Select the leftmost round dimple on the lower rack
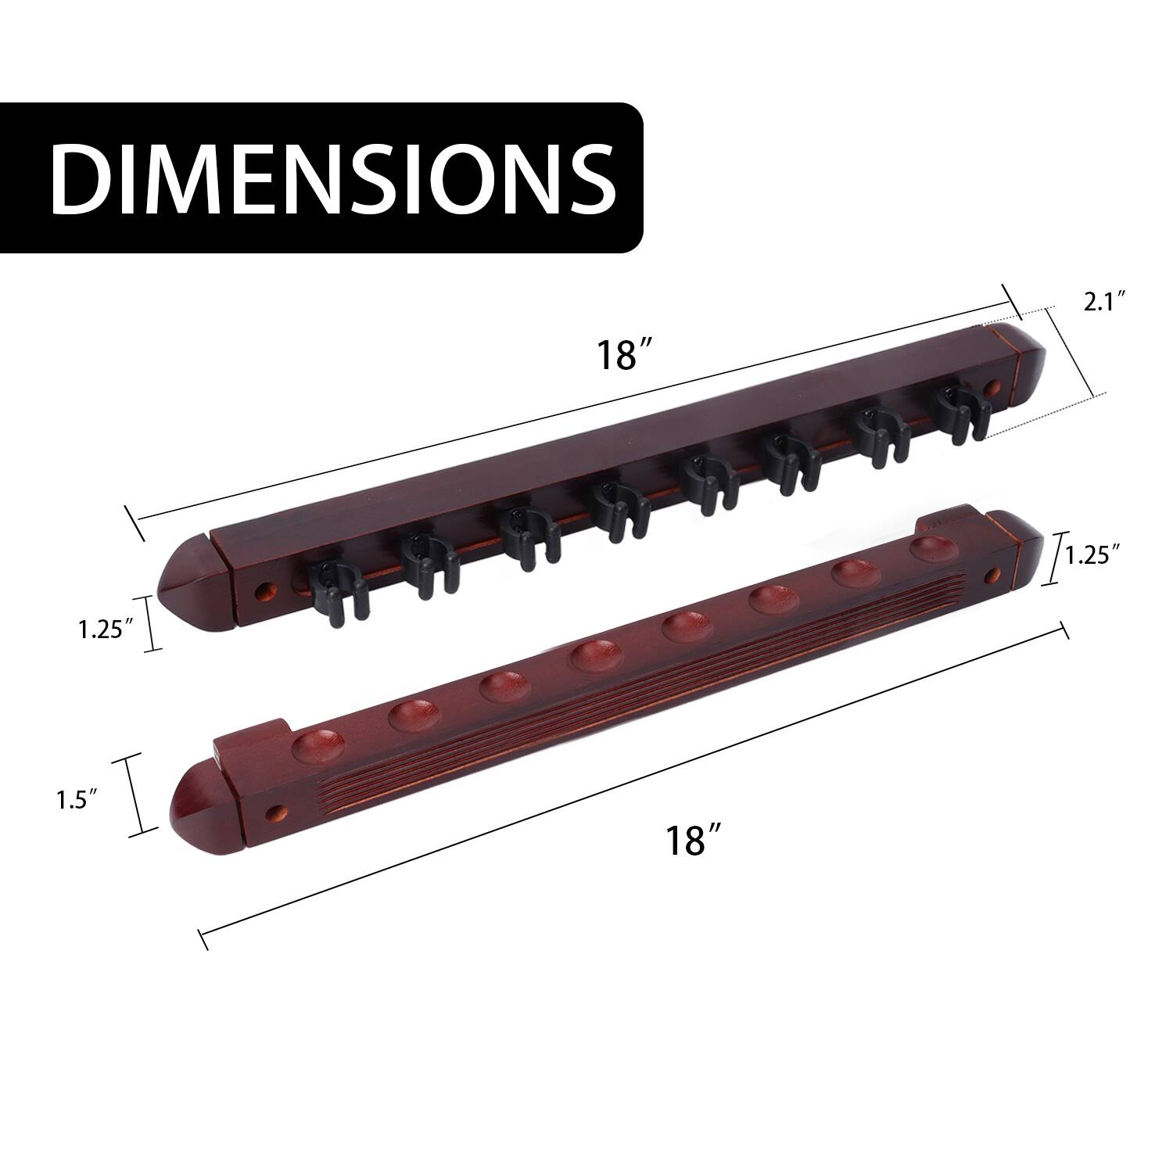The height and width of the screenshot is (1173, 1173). [x=316, y=744]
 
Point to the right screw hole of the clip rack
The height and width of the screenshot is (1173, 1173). [x=994, y=387]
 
